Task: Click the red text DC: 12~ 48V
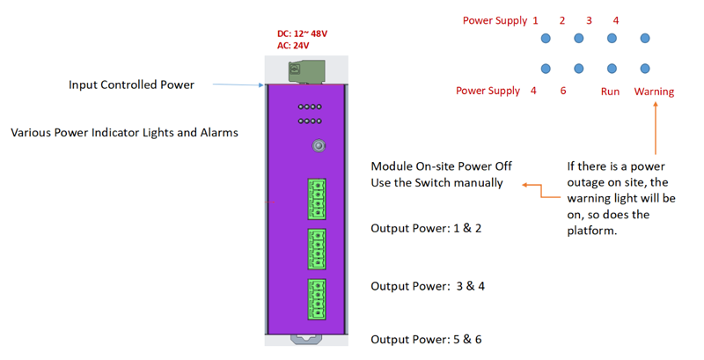click(302, 33)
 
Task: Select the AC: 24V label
click(293, 46)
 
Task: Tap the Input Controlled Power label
click(131, 84)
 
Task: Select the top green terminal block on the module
click(316, 199)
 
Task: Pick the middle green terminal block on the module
click(316, 249)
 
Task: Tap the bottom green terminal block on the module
click(316, 299)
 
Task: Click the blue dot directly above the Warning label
click(645, 69)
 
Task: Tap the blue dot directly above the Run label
click(612, 69)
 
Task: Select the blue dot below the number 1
click(546, 39)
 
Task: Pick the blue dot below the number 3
click(612, 39)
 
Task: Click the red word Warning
click(654, 92)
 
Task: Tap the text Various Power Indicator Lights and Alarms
click(124, 133)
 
